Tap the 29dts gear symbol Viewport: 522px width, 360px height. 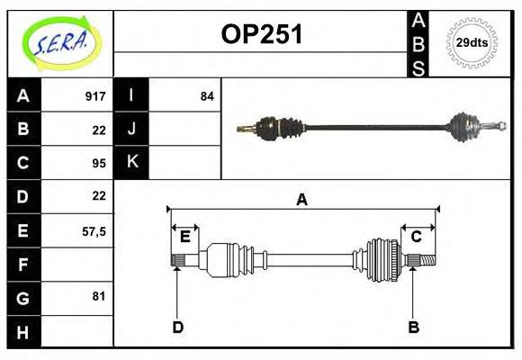point(472,42)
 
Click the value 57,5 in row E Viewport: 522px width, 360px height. point(94,230)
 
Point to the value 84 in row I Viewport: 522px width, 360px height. point(207,95)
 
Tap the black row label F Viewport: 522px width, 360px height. point(23,265)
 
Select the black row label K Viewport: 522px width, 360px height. point(131,162)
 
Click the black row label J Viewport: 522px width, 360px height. point(131,129)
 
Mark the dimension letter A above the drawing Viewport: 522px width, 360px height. point(302,200)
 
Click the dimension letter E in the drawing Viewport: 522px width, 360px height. point(184,237)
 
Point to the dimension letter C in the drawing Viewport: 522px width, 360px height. point(417,237)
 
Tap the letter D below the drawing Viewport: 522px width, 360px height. point(178,327)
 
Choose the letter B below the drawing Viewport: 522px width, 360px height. point(413,327)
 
